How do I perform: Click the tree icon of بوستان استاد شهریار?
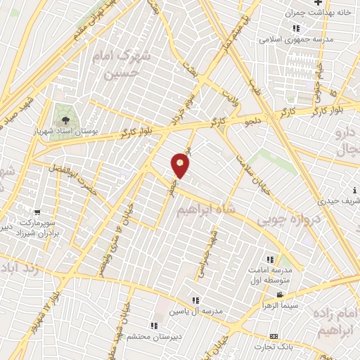(65, 119)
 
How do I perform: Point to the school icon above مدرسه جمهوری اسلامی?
(296, 28)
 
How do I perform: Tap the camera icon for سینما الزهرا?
(281, 295)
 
